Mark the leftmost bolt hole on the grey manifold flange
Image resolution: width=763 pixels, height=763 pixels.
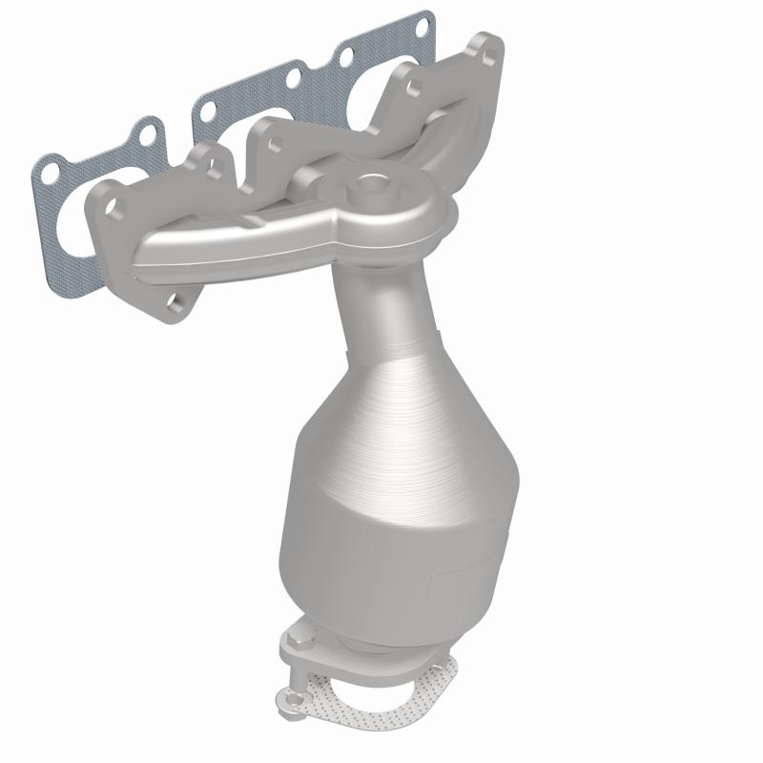point(102,206)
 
